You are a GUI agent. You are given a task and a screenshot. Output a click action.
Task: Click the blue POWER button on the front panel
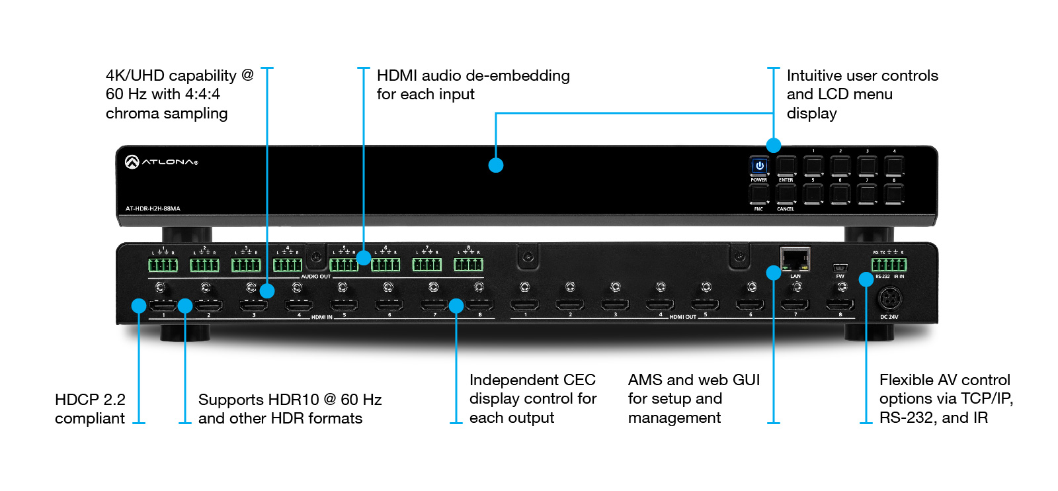click(x=759, y=165)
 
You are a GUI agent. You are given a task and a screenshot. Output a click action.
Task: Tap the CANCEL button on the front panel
click(x=786, y=193)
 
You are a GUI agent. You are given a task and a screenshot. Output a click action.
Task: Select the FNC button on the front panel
click(x=759, y=193)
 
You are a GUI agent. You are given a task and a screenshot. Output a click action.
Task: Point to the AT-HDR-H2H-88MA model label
click(x=153, y=208)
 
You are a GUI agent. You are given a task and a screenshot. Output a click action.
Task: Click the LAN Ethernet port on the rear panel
click(x=795, y=259)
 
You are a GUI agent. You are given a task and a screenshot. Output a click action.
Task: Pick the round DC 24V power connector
click(x=889, y=300)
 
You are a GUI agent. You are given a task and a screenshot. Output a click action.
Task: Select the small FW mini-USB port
click(x=840, y=268)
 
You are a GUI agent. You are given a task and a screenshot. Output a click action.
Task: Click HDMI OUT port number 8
click(x=840, y=304)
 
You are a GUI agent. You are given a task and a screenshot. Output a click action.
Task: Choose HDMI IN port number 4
click(x=299, y=305)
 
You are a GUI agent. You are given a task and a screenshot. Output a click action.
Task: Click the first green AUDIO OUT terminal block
click(x=163, y=265)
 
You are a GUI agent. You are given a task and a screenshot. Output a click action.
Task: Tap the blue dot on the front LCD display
click(x=496, y=165)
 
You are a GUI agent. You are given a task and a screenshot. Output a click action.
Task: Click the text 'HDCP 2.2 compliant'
click(x=90, y=409)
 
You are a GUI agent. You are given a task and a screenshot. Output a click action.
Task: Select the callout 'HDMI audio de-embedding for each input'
click(x=473, y=85)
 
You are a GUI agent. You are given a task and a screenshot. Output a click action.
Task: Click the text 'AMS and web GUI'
click(x=694, y=380)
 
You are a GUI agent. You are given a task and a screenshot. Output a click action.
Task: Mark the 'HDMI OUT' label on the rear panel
click(x=682, y=317)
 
